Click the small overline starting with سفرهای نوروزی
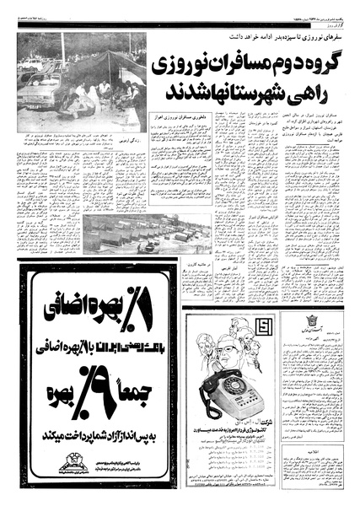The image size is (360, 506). (304, 39)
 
